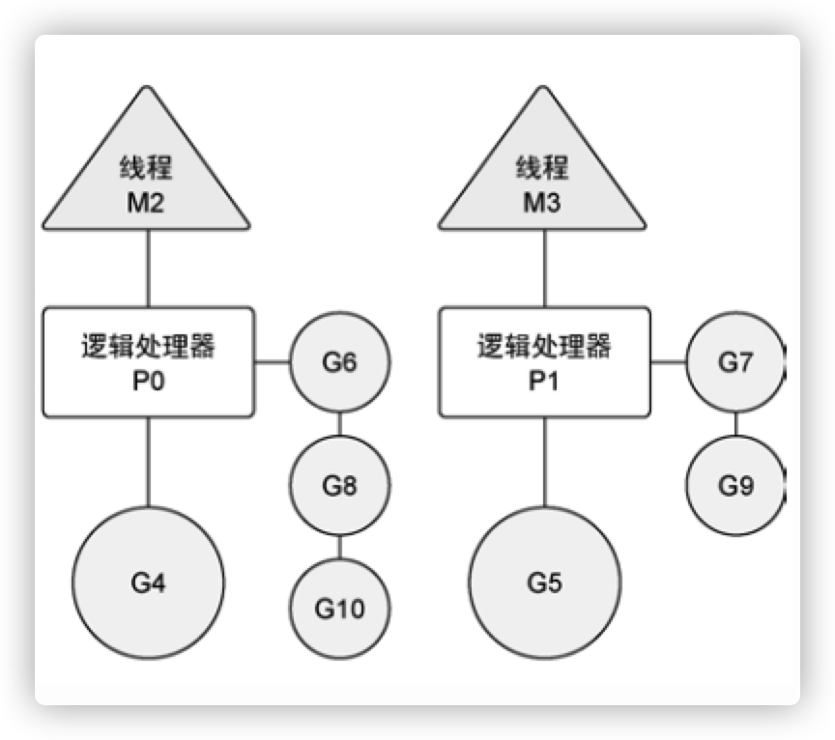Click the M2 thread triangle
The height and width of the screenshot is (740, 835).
[x=148, y=184]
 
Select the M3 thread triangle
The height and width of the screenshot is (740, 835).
[x=544, y=184]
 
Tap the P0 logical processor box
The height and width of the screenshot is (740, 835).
[x=148, y=362]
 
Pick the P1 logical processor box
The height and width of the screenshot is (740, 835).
[x=544, y=362]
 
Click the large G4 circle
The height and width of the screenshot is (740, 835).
[x=148, y=583]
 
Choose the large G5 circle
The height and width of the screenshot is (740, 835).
[x=544, y=583]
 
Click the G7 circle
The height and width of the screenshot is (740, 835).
[x=734, y=363]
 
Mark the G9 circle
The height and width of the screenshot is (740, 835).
[x=734, y=485]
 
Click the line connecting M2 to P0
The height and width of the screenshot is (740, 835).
[x=148, y=270]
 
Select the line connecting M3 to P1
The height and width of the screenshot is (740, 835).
[x=544, y=270]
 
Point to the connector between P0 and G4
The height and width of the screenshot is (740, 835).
[x=148, y=462]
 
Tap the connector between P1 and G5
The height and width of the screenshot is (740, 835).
[x=544, y=462]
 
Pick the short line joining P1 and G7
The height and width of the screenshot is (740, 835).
[x=668, y=363]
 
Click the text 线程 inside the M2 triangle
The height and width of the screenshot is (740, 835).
[x=148, y=167]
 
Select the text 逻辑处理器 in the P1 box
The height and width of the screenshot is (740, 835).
[x=544, y=346]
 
